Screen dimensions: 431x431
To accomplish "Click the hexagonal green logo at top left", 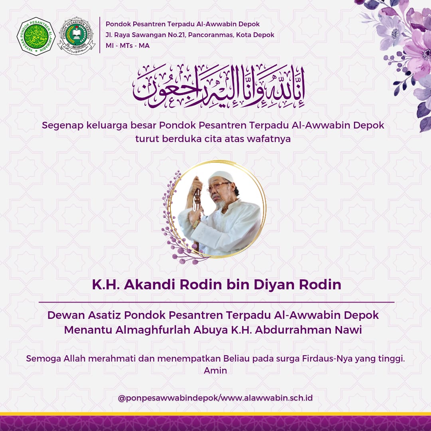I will coord(36,36).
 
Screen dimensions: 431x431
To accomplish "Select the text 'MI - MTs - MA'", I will coord(128,45).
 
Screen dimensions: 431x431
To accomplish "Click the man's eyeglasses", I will coord(218,186).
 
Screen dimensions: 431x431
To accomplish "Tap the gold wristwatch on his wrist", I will coord(196,223).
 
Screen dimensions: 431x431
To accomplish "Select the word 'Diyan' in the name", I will coord(273,285).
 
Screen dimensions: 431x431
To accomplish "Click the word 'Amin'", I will coord(215,370).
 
